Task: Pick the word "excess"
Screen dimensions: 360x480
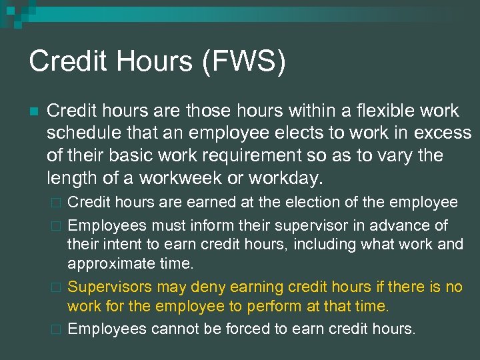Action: tap(443, 133)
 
